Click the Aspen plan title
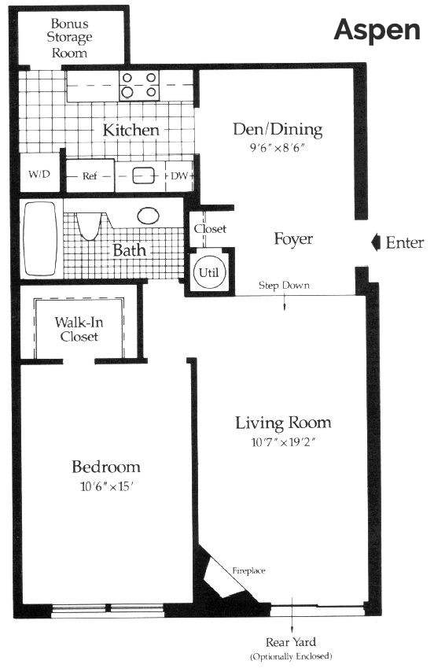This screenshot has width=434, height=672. tap(377, 30)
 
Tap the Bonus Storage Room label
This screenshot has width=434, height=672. tap(69, 38)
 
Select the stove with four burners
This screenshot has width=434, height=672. tap(139, 85)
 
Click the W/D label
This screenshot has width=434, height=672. tap(39, 174)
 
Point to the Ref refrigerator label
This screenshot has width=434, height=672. tap(90, 175)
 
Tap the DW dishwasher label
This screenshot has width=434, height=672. tap(179, 175)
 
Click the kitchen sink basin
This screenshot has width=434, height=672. tap(143, 175)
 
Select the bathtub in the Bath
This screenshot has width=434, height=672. tap(40, 238)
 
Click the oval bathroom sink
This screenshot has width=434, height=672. tap(149, 216)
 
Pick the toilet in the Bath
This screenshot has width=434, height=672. tap(90, 226)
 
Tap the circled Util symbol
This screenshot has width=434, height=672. tap(208, 272)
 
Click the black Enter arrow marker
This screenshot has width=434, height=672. tap(375, 242)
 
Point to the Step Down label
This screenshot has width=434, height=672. tap(284, 286)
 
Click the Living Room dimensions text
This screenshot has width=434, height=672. tap(283, 442)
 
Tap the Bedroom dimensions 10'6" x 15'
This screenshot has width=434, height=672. tap(105, 486)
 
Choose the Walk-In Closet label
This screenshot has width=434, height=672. tap(79, 329)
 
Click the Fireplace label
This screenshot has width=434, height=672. tap(248, 570)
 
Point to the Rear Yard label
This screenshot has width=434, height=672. tap(291, 642)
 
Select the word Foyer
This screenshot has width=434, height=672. tap(293, 239)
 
